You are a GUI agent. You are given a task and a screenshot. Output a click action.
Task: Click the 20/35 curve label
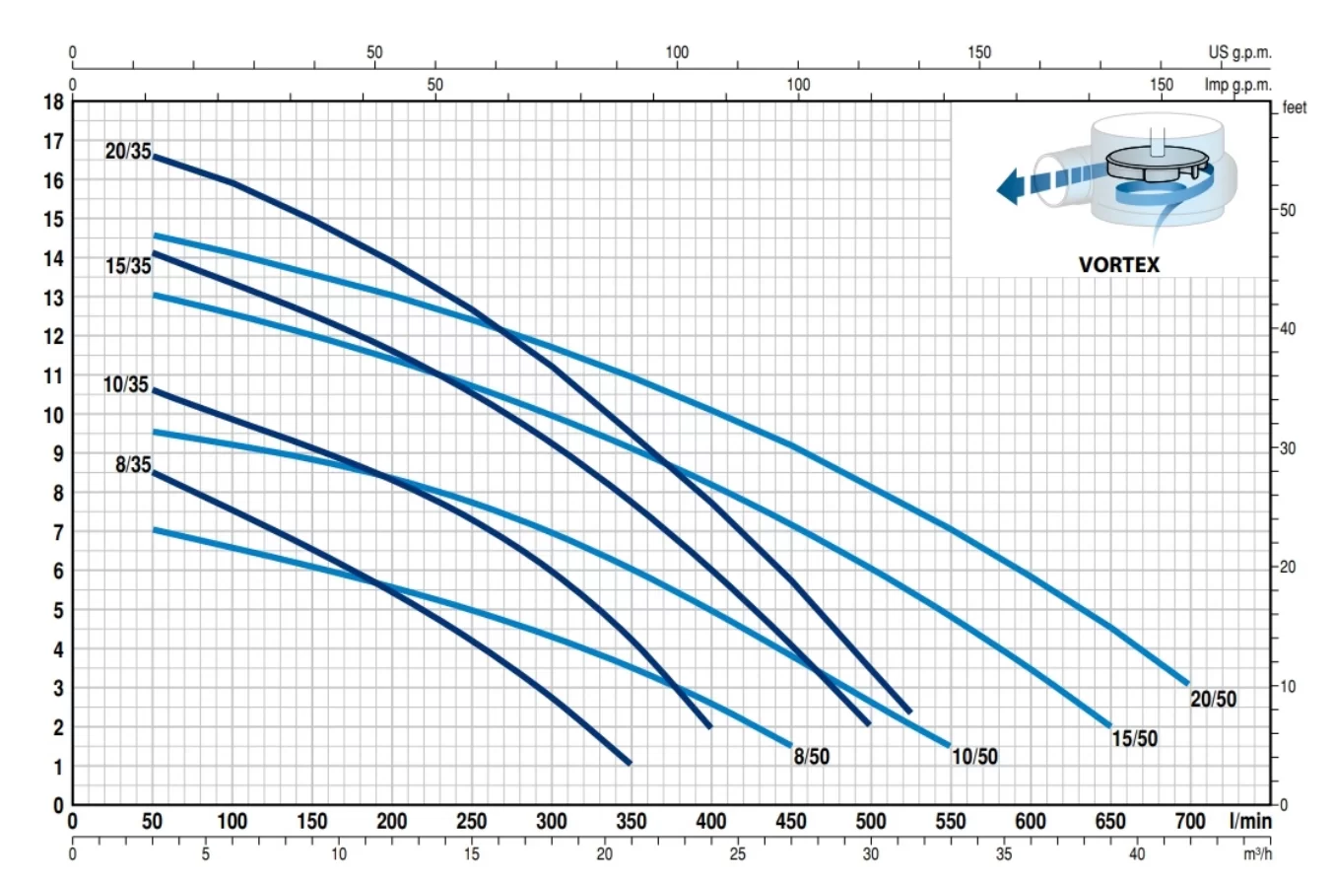point(128,152)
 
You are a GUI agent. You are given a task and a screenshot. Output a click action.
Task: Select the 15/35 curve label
point(128,266)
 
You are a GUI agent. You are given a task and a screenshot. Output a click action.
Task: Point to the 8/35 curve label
point(133,465)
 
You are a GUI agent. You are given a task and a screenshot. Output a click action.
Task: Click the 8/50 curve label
point(813,756)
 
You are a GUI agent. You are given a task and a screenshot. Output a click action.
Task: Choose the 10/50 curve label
point(975,757)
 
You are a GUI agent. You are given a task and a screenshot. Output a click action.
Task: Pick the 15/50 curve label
point(1134,738)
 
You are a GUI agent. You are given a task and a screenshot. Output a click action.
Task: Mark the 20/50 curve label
point(1213,700)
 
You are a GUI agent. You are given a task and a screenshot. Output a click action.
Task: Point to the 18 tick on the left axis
point(54,102)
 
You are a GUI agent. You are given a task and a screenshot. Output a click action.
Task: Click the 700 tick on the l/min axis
point(1190,822)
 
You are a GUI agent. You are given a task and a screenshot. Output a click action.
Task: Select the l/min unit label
point(1250,821)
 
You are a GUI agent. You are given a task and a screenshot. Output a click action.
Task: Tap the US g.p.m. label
point(1239,52)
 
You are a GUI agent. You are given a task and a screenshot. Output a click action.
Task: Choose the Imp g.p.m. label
point(1237,85)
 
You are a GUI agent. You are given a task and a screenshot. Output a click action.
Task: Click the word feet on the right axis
point(1295,108)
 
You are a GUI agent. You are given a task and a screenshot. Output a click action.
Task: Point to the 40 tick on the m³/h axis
point(1136,853)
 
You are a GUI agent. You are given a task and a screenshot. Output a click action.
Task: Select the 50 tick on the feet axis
point(1287,211)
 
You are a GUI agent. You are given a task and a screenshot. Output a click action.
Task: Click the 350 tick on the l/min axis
point(631,822)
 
